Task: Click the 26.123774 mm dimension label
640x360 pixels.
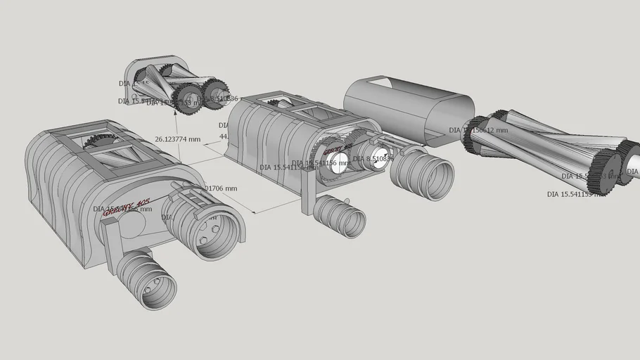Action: [177, 139]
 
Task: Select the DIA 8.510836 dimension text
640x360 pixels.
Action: [373, 159]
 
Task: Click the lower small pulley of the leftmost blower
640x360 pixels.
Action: [147, 281]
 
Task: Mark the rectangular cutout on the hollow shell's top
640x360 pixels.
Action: [383, 85]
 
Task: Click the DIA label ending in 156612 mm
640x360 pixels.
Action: [478, 130]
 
